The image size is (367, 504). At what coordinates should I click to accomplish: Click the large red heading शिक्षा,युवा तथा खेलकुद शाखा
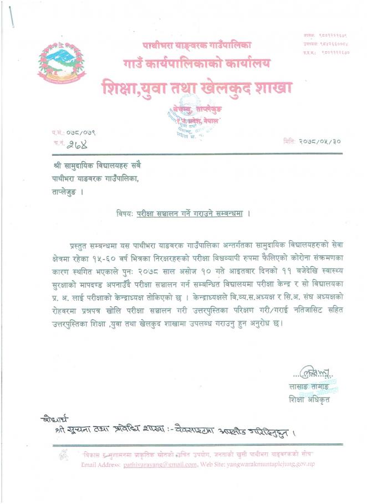tap(197, 88)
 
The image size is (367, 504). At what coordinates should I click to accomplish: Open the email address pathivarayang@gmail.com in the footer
tap(160, 464)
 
